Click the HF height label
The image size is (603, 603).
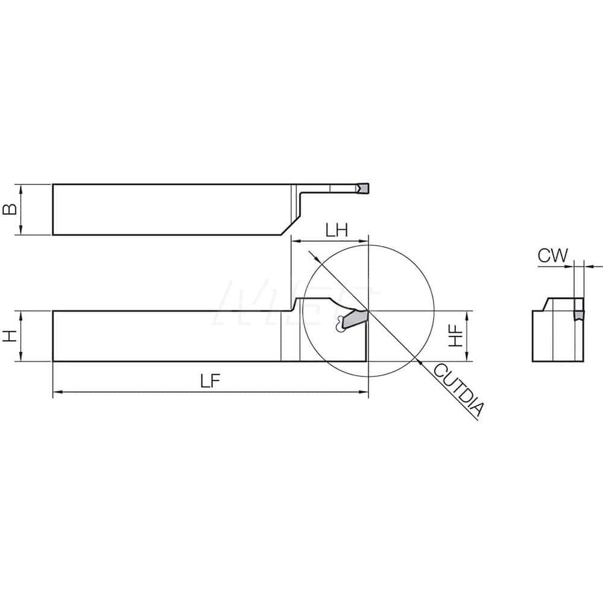click(x=458, y=336)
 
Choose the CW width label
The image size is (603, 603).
click(x=553, y=256)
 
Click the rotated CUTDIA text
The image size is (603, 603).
click(x=459, y=391)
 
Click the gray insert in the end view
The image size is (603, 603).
click(x=578, y=313)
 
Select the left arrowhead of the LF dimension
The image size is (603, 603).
click(x=56, y=392)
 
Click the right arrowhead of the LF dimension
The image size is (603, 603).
click(x=364, y=392)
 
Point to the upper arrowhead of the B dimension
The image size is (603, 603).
click(x=22, y=188)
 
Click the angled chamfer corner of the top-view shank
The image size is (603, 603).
click(x=284, y=227)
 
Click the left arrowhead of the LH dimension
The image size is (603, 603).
click(x=294, y=241)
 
